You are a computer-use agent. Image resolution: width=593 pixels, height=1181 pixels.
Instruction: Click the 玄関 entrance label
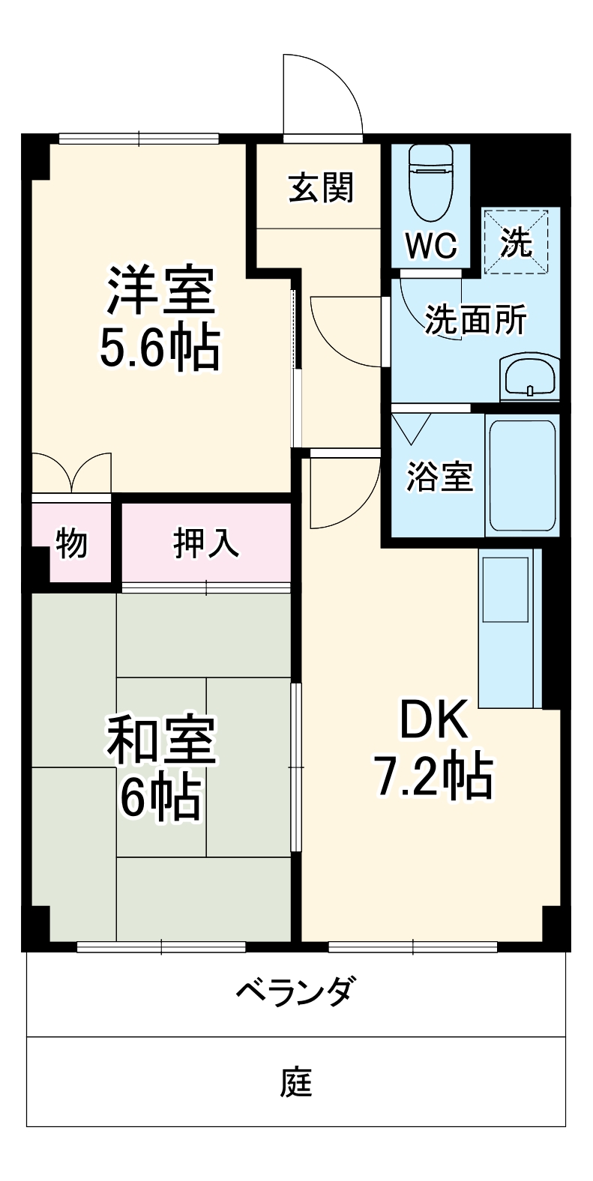(321, 187)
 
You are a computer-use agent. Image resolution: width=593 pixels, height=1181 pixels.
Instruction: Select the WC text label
(430, 245)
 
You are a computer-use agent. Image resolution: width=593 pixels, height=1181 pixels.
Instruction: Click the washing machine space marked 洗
(517, 241)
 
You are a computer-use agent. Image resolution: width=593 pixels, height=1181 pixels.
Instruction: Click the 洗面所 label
(475, 320)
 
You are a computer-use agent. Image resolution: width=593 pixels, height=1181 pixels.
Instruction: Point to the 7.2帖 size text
(433, 777)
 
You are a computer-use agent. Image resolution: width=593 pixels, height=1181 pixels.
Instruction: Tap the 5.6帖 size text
(160, 347)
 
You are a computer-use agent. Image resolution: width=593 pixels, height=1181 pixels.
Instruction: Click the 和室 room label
(160, 740)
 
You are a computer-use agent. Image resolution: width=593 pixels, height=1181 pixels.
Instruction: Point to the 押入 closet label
(206, 543)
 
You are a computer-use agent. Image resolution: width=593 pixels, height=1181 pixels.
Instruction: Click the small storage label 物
(72, 543)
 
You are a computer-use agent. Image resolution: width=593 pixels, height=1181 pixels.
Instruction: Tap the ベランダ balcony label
(295, 992)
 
